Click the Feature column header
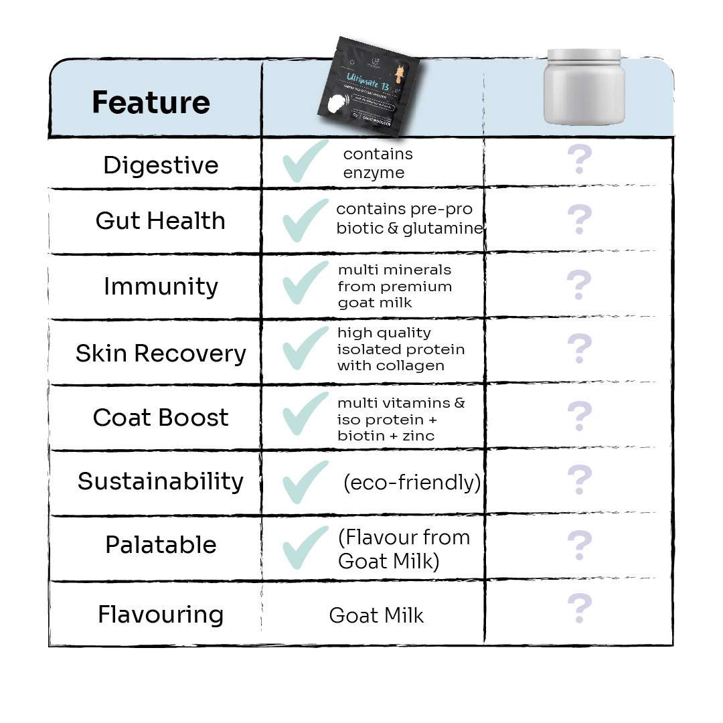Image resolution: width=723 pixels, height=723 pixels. tap(151, 102)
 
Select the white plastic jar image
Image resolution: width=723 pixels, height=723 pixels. tap(583, 86)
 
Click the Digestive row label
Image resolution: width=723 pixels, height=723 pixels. tap(161, 165)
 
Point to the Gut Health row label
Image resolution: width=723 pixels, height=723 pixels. tap(161, 221)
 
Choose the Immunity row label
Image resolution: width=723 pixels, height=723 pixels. tap(161, 287)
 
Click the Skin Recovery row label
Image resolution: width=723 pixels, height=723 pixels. tap(161, 353)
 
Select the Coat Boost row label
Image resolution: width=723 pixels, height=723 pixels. tap(161, 417)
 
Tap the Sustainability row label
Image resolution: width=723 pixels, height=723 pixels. tap(161, 481)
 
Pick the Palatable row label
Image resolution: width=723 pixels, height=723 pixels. tap(161, 545)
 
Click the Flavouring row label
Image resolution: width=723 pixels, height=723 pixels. tap(161, 615)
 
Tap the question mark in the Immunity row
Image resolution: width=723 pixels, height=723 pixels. tap(579, 285)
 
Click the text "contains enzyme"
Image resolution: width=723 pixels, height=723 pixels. tap(378, 163)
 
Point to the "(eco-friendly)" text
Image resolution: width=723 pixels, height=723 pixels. tap(411, 483)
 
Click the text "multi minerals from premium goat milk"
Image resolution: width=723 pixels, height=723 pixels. tap(395, 287)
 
